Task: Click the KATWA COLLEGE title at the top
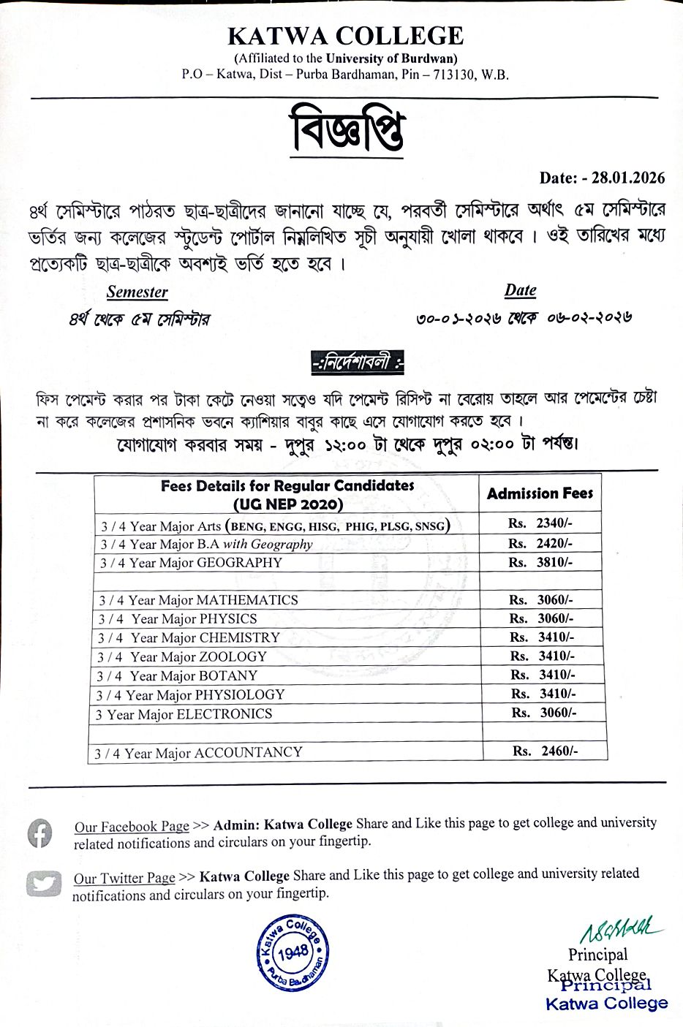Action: (345, 36)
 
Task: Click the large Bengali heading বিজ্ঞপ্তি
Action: (347, 129)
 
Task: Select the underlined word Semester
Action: (137, 292)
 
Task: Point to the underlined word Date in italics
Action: (520, 290)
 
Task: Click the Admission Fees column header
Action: (540, 493)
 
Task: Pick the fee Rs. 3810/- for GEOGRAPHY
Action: (540, 562)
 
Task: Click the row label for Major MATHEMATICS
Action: (198, 600)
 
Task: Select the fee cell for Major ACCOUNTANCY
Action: (545, 751)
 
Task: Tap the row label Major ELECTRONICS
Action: (184, 714)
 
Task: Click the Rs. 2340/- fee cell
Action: (540, 523)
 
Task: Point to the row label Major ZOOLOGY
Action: (182, 657)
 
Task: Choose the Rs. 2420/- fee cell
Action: (540, 543)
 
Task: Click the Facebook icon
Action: (40, 833)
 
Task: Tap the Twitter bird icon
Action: (43, 884)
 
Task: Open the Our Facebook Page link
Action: (132, 827)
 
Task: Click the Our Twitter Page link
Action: (124, 878)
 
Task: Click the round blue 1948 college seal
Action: (293, 952)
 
